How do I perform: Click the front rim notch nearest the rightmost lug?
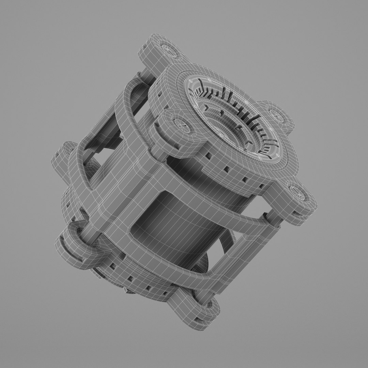coord(261,186)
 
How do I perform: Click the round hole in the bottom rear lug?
coord(209,304)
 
